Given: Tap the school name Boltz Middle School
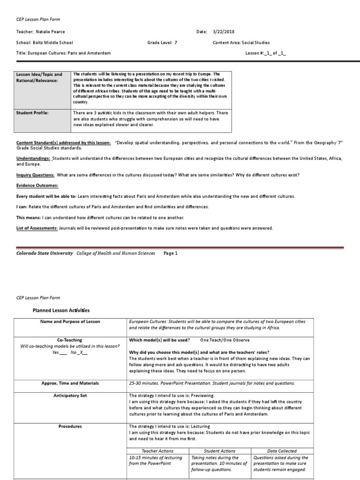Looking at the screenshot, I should [x=54, y=42].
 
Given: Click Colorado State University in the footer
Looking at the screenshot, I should [x=45, y=253].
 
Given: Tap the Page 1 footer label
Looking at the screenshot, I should [x=171, y=253].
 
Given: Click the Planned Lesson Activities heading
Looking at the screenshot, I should [x=60, y=310].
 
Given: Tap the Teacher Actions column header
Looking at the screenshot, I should [x=159, y=450].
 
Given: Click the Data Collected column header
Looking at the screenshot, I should [x=282, y=450].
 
